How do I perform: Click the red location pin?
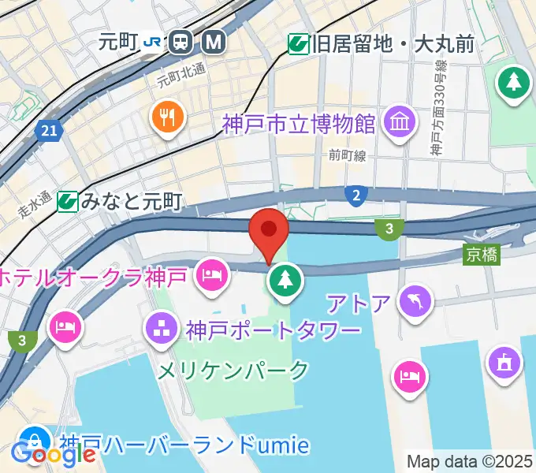268,230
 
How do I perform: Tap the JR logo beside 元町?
154,43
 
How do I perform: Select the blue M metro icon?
212,43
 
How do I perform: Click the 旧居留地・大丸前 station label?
392,44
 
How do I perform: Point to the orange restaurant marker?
167,118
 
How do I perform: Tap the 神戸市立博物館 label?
299,125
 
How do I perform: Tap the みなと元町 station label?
131,202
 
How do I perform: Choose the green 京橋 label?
482,255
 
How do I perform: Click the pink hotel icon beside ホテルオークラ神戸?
213,275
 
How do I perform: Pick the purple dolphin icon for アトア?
416,300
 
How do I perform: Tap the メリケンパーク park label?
234,369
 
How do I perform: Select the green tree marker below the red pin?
284,279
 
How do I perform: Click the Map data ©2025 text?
470,461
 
